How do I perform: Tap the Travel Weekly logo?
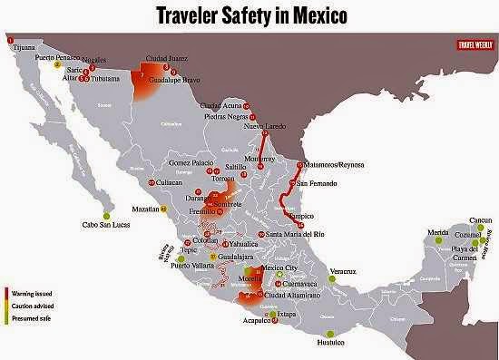(473, 44)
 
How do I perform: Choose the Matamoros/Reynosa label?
(337, 165)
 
